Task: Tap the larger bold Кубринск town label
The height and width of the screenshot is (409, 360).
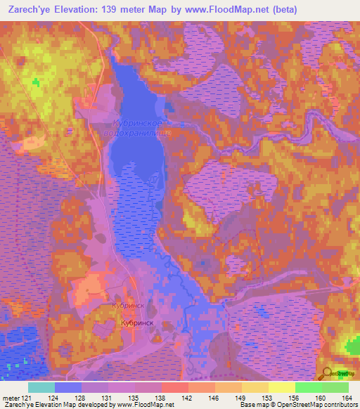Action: coord(137,322)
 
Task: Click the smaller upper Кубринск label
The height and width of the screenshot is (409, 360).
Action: coord(128,306)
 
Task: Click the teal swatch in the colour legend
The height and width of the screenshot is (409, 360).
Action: coord(41,387)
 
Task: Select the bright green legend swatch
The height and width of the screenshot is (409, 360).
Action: coord(308,387)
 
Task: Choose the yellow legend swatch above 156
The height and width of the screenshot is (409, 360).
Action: coord(281,387)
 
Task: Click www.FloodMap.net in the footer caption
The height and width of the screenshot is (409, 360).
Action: coord(146,405)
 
